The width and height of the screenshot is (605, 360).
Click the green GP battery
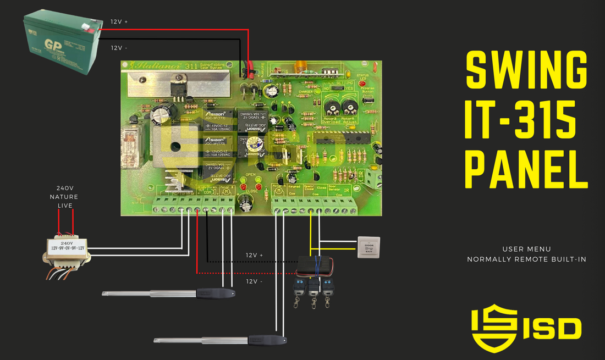click(x=62, y=38)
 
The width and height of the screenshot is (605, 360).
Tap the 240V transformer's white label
click(x=67, y=246)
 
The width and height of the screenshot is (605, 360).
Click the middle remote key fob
click(x=313, y=287)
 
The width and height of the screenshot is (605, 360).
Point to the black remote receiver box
click(x=315, y=265)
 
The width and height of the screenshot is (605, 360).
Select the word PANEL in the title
click(x=526, y=165)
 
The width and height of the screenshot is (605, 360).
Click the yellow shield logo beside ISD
click(x=494, y=328)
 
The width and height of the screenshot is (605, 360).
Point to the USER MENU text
click(x=526, y=249)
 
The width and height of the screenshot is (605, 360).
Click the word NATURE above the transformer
click(x=64, y=197)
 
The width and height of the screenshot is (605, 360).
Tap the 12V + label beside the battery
click(x=119, y=21)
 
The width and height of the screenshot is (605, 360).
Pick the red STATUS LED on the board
click(x=361, y=82)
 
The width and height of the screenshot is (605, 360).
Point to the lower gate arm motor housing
click(x=266, y=340)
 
